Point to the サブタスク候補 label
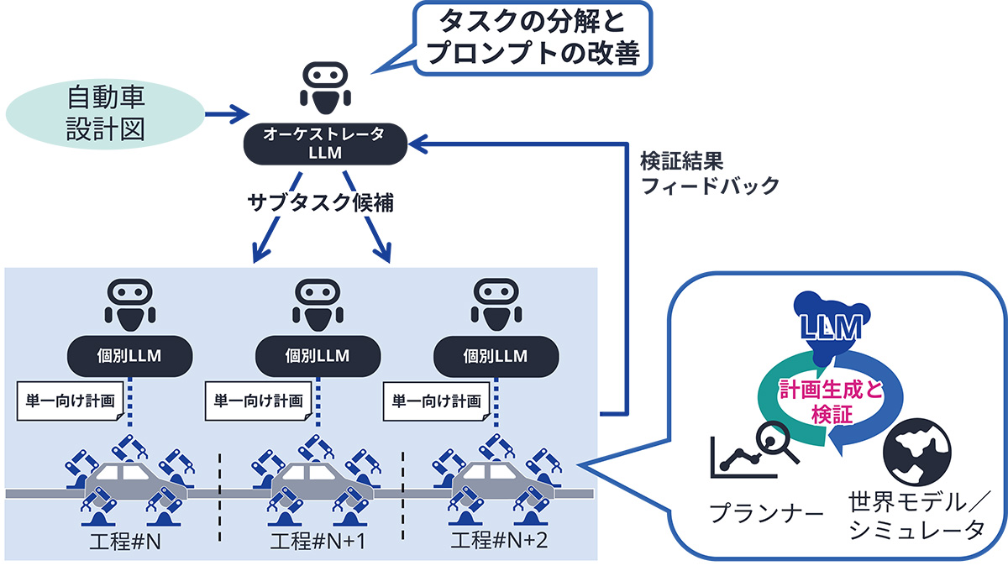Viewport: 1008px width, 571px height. [320, 202]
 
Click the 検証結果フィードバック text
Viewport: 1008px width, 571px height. [710, 173]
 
